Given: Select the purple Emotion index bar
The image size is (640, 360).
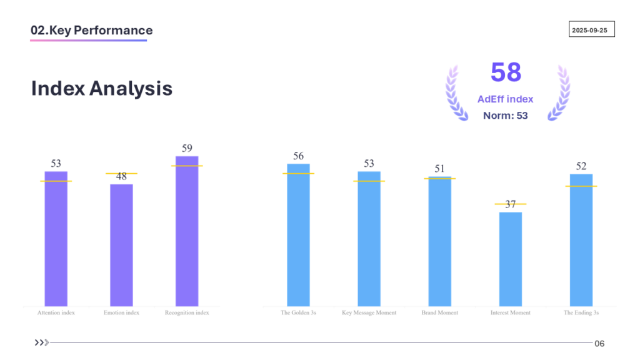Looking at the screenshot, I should point(121,244).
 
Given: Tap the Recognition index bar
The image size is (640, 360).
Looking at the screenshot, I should point(187,231).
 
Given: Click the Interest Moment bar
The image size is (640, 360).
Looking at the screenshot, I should point(510,259).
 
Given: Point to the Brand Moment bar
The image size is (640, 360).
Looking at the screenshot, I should point(439,241).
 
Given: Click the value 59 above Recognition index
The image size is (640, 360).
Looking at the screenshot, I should point(187,149).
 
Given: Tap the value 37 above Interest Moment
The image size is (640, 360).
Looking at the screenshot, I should point(511,204).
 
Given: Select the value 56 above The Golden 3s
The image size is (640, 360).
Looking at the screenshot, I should point(298,156).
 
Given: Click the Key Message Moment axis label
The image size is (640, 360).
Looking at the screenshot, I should point(369,312).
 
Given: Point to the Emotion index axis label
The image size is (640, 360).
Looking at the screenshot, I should point(121,312).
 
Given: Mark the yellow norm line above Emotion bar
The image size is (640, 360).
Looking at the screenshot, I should point(121,173).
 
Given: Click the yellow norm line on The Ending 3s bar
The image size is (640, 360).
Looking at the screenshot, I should point(581,186).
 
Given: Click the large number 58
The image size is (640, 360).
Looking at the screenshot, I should point(506,72).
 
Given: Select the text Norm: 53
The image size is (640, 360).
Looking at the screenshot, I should point(505,116).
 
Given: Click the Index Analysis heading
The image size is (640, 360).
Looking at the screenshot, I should point(102,88).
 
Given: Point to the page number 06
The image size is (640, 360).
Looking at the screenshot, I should point(599,343).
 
